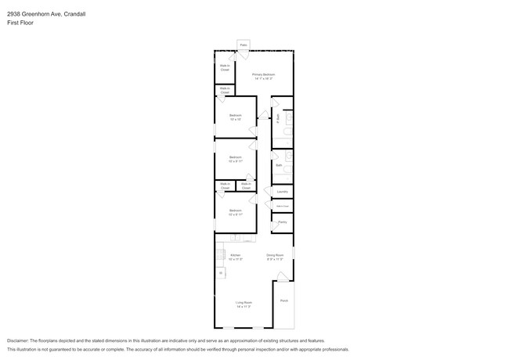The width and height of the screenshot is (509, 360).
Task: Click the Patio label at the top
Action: (244, 46)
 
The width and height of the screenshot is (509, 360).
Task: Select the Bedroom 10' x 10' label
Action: (235, 118)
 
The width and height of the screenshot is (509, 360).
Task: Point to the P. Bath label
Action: (278, 118)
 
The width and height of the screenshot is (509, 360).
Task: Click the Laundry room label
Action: (282, 192)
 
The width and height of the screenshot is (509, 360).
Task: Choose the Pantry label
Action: (282, 222)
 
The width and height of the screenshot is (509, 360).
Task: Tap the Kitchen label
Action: (235, 257)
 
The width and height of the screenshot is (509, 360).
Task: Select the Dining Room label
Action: (275, 257)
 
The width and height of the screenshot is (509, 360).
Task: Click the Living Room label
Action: (244, 304)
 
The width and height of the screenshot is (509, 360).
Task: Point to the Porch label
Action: (283, 300)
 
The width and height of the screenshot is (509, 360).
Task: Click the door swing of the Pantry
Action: (276, 227)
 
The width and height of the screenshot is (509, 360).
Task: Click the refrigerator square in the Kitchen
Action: (221, 272)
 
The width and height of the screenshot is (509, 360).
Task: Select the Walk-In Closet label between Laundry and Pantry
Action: (282, 207)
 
